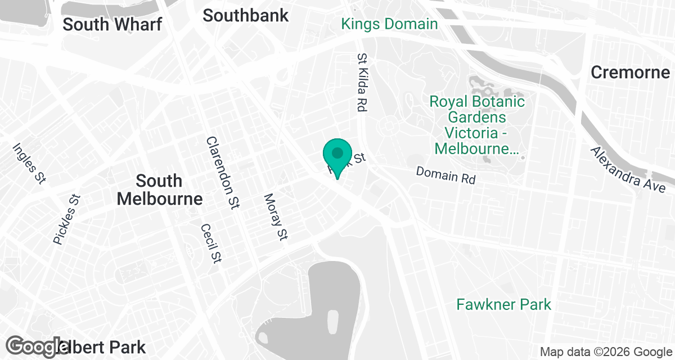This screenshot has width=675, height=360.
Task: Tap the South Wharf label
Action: tap(112, 24)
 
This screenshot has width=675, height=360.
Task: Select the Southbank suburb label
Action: tap(246, 15)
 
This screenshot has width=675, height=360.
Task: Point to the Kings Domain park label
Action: tap(389, 24)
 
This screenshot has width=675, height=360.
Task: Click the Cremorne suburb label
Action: tap(631, 72)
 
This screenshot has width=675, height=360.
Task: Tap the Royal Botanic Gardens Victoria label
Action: tap(477, 125)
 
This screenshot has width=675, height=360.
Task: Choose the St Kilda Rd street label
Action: tap(361, 82)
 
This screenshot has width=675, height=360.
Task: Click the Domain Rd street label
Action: tap(446, 175)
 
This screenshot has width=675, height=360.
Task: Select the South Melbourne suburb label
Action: tap(160, 190)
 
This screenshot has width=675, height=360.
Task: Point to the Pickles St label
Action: tap(67, 219)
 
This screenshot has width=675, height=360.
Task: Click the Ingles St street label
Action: tap(29, 164)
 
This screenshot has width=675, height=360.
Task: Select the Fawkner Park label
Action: tap(503, 305)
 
